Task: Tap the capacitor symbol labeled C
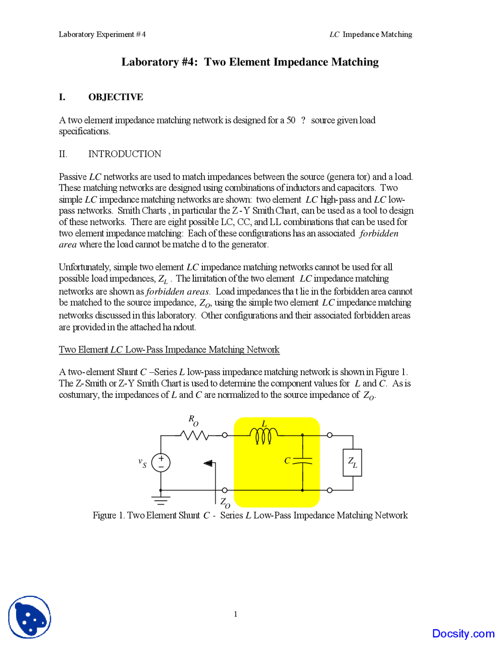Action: tap(303, 461)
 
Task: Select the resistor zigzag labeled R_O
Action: tap(195, 435)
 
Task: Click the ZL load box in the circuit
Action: tap(352, 463)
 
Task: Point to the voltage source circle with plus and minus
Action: tap(161, 463)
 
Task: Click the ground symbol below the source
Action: tap(161, 500)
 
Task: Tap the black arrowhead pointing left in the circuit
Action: tap(208, 463)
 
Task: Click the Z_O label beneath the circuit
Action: tap(225, 502)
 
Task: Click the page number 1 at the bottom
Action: tap(236, 614)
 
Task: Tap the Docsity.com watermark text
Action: tap(463, 633)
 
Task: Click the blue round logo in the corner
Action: tap(30, 617)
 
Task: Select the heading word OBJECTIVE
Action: tap(115, 97)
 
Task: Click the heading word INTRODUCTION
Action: tap(124, 154)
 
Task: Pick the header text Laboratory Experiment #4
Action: tap(102, 34)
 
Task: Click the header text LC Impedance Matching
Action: tap(371, 34)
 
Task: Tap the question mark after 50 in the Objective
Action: tap(303, 120)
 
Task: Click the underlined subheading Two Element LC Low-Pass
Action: tap(169, 349)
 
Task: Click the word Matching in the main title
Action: tap(355, 62)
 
